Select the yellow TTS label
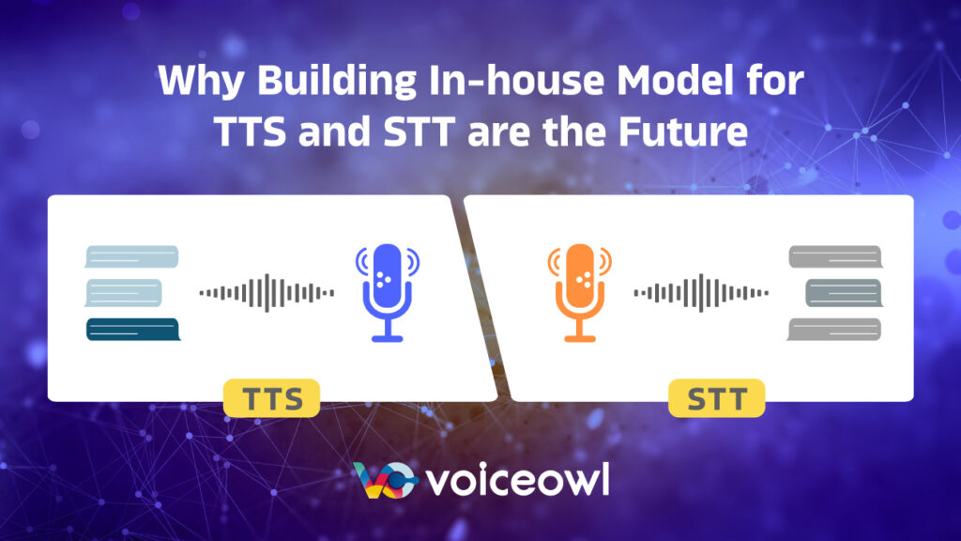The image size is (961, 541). click(272, 399)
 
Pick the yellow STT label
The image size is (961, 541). click(716, 399)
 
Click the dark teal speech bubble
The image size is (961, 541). click(132, 330)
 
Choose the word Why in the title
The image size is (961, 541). click(191, 83)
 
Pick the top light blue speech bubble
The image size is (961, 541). click(131, 256)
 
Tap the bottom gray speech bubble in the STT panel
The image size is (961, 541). click(834, 329)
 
